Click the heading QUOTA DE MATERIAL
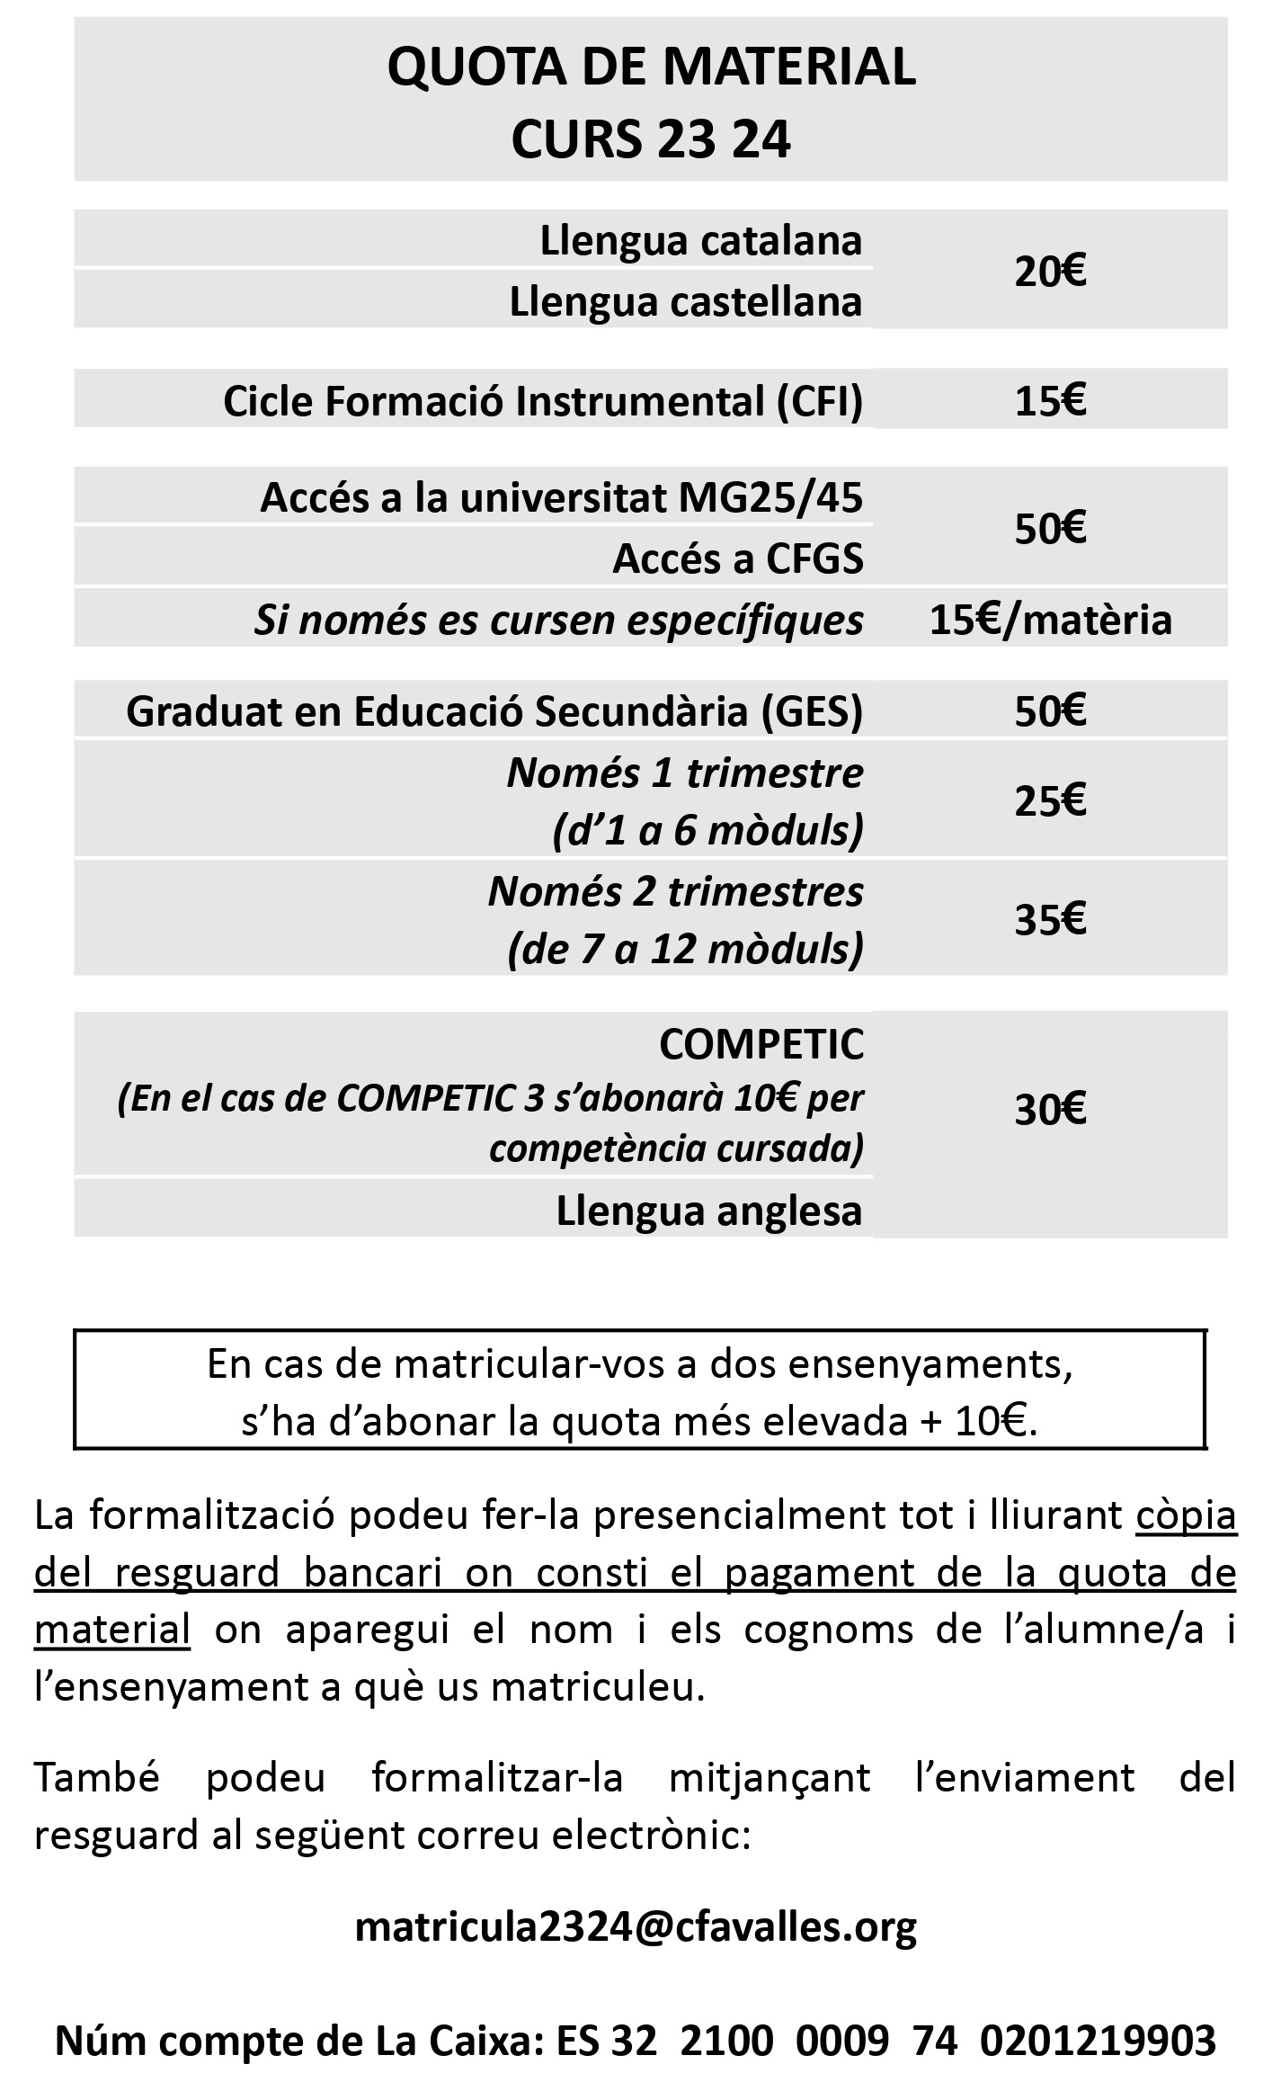coord(651,67)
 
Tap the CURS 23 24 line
coord(651,139)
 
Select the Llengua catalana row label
coord(700,241)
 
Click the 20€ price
coord(1050,271)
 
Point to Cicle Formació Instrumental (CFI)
coord(543,401)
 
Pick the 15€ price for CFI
coord(1050,401)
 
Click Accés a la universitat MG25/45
coord(562,497)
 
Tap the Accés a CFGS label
coord(738,558)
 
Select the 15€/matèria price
coord(1050,620)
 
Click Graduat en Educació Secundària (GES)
coord(494,711)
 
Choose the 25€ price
coord(1050,800)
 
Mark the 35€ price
coord(1050,919)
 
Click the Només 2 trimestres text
coord(675,892)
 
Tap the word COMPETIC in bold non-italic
coord(761,1044)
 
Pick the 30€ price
coord(1050,1111)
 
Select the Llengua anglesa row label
coord(709,1211)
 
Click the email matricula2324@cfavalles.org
coord(636,1926)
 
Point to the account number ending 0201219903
coord(1098,2041)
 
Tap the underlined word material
coord(112,1630)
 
